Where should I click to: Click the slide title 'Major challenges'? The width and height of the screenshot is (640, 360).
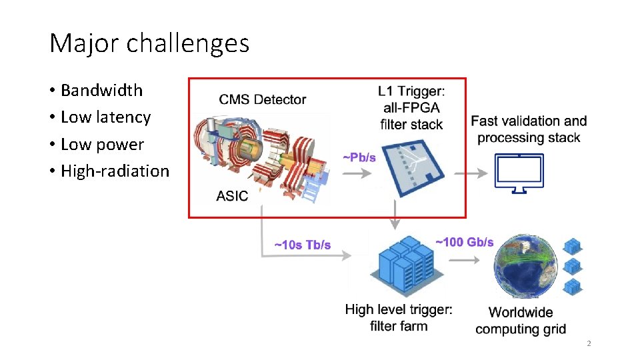pos(149,44)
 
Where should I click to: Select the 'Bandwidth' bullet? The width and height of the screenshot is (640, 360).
pos(101,90)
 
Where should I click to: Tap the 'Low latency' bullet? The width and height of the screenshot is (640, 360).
pos(105,117)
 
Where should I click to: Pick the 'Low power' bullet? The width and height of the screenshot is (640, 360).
pos(102,144)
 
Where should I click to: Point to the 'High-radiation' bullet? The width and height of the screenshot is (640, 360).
pos(115,171)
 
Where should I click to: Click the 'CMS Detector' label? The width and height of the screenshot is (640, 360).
pos(263,100)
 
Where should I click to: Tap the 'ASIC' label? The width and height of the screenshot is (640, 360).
pos(232,196)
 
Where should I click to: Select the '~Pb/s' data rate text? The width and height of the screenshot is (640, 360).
pos(359,158)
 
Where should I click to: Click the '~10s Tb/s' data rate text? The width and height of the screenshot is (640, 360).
pos(303,245)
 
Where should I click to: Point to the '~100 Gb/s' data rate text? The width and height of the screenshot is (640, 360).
pos(464,241)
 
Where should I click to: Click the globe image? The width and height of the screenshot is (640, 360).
pos(527,267)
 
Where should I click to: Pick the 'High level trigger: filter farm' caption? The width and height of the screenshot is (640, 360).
pos(399,317)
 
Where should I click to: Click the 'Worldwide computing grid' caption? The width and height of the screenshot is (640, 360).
pos(521,321)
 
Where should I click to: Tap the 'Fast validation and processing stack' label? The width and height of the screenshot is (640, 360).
pos(529,129)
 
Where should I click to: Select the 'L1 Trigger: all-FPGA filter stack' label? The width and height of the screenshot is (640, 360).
pos(411,107)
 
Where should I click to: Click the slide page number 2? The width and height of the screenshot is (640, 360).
pos(589,344)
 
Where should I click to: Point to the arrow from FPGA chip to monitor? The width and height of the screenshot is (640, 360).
pos(476,173)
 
